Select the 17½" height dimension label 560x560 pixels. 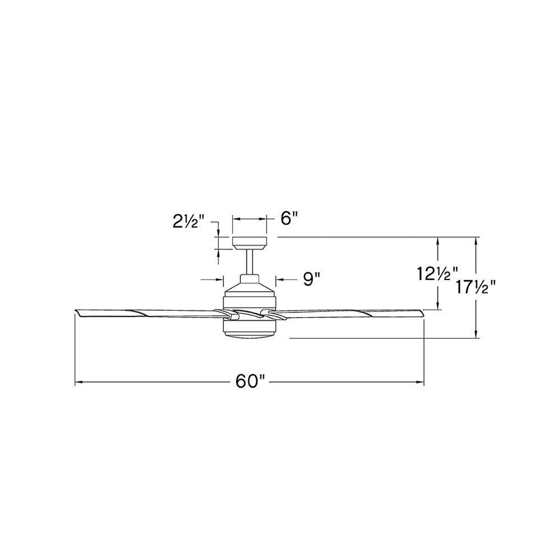pos(475,287)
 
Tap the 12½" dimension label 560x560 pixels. pos(437,274)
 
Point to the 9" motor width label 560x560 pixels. pos(311,279)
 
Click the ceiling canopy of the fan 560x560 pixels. pos(250,242)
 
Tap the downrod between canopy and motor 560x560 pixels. pos(250,262)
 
